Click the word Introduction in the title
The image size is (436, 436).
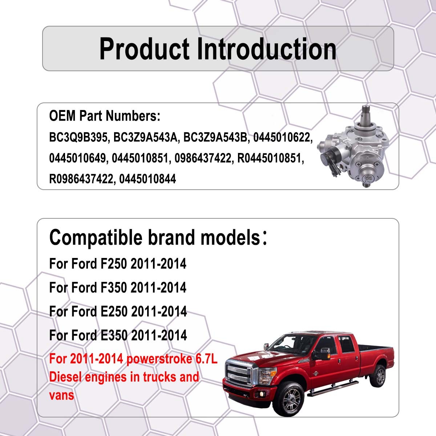[267, 49]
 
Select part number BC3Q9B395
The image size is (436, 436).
[78, 137]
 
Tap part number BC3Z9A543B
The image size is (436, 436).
[215, 137]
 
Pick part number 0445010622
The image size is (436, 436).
[283, 137]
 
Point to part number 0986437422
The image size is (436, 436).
[203, 158]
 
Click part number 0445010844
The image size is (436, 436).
[148, 179]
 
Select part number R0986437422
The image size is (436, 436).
[81, 179]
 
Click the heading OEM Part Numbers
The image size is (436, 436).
[105, 116]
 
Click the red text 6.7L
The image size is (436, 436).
[206, 359]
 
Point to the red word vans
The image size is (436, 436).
[61, 395]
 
